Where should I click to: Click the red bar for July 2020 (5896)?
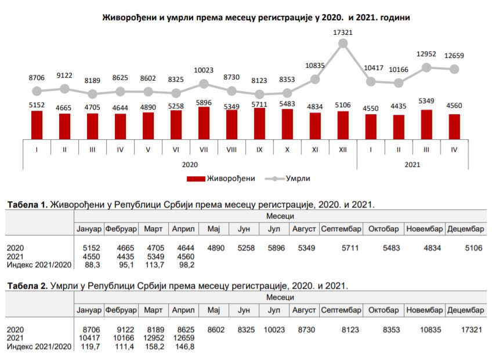coord(204,122)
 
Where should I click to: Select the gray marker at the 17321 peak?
coord(343,43)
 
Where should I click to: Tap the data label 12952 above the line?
coord(426,54)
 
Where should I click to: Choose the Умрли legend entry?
coord(297,179)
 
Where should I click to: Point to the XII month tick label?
coord(343,150)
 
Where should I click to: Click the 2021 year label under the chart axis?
coord(412,164)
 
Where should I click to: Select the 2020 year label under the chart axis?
coord(190,164)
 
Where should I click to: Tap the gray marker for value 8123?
coord(259,94)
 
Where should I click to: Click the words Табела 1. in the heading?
coord(27,205)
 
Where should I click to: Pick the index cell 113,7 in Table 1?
coord(154,265)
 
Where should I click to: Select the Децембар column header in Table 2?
coord(465,310)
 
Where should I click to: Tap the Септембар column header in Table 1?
coord(341,229)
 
